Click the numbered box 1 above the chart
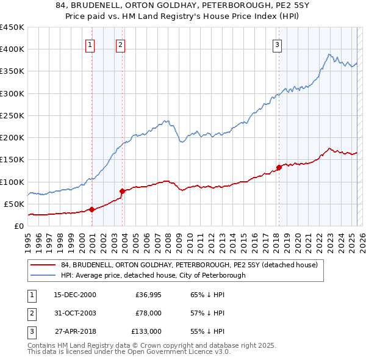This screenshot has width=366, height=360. click(x=90, y=44)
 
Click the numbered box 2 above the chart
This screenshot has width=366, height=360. click(x=121, y=44)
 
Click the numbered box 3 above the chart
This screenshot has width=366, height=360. click(x=277, y=44)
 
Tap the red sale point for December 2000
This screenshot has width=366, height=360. click(x=92, y=209)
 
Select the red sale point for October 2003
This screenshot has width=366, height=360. click(x=123, y=191)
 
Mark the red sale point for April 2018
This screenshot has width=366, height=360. click(x=279, y=167)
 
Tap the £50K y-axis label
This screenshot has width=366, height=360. click(x=14, y=204)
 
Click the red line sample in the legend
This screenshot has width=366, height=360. click(x=43, y=265)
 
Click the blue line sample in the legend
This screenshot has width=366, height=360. click(x=43, y=275)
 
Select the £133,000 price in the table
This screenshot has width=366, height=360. click(x=146, y=331)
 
